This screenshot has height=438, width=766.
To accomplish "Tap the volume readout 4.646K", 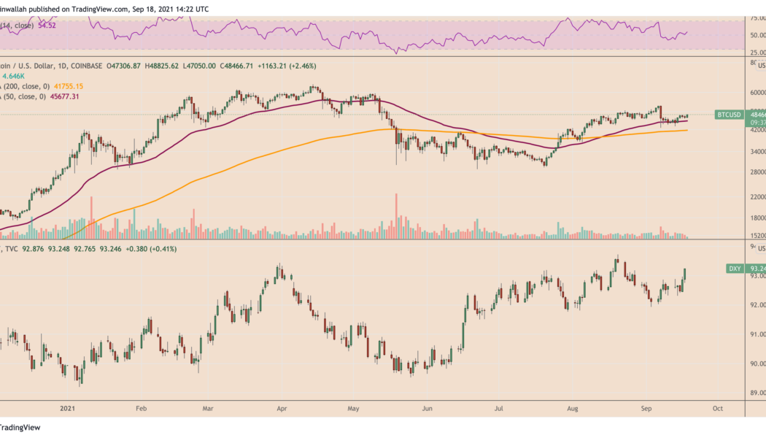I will click(x=15, y=75).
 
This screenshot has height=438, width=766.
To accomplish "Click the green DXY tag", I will click(x=735, y=269).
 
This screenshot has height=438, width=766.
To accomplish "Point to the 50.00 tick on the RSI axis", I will click(x=757, y=35).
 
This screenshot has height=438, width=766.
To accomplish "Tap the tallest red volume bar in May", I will click(x=396, y=215).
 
